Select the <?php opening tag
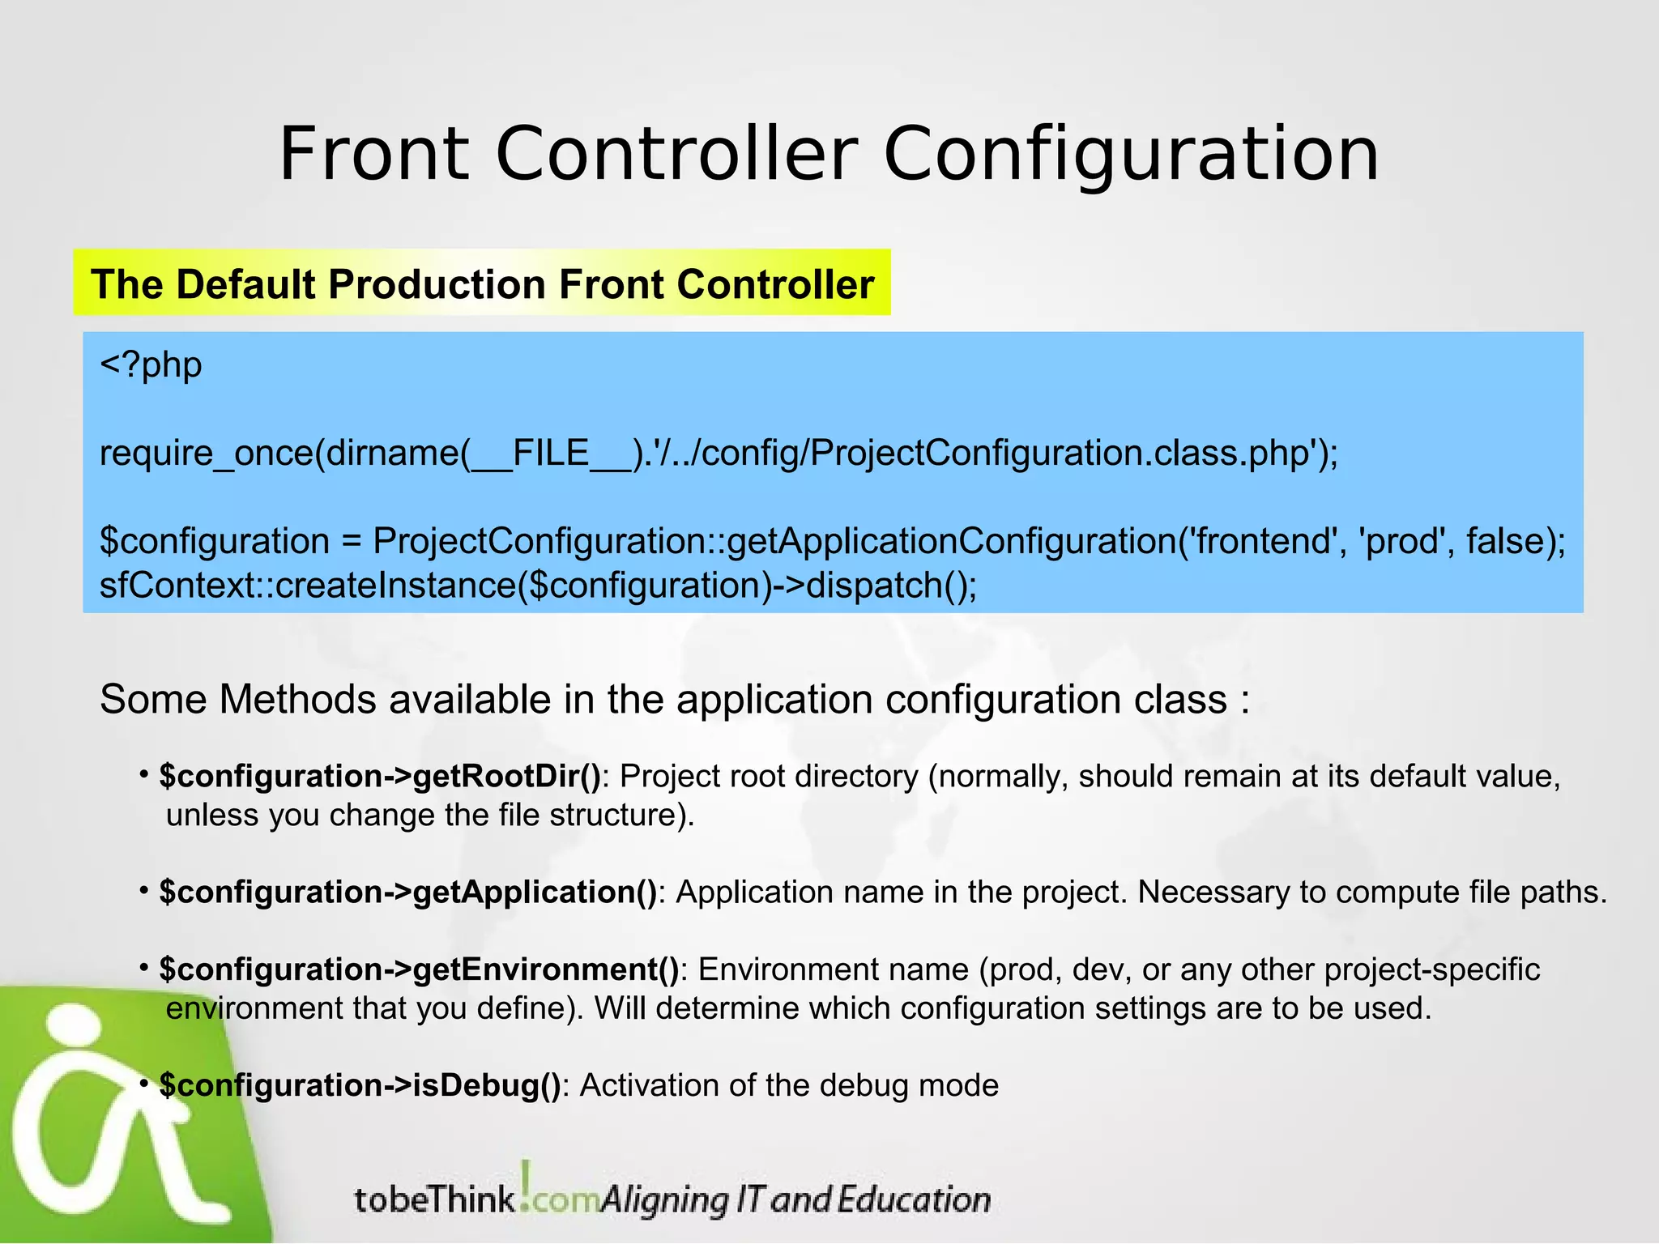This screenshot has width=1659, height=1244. (x=151, y=365)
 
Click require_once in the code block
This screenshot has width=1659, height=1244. (x=206, y=453)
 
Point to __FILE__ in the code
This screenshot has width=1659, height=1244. (x=550, y=453)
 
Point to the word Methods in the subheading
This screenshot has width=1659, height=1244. (x=297, y=700)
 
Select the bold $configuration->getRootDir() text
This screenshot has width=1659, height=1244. (x=380, y=777)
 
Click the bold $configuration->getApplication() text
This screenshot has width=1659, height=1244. (x=407, y=893)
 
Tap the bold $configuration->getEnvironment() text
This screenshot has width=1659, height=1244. (x=419, y=969)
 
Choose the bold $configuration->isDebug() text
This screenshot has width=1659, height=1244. (x=360, y=1085)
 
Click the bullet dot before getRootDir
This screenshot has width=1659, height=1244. (x=143, y=775)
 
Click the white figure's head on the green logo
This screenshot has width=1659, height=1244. (x=75, y=1029)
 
